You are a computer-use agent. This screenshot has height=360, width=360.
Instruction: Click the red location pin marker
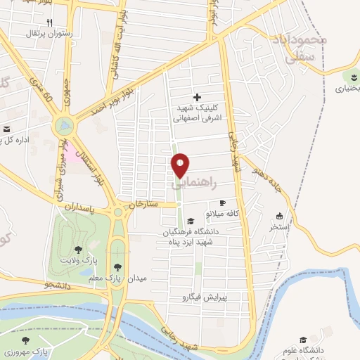point(181,165)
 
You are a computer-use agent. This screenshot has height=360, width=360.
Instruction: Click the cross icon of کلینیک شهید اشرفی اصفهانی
point(196,97)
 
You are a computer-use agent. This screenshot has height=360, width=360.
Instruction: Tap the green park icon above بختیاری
point(352,77)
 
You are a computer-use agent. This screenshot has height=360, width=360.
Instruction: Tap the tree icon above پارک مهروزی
point(26,340)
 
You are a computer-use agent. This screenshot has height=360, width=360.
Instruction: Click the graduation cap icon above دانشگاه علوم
point(303,339)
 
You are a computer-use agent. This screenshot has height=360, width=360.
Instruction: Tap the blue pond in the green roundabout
point(65,127)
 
